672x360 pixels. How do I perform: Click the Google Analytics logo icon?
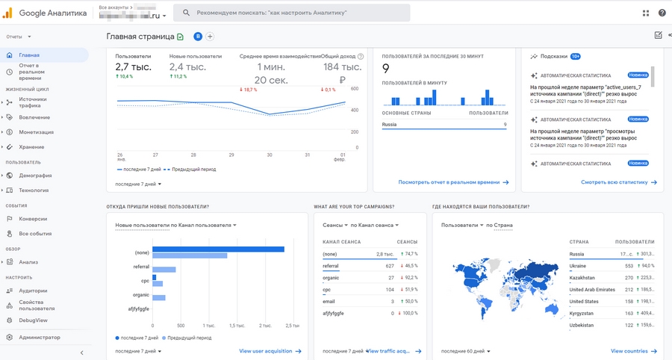9,13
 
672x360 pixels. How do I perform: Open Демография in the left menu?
35,176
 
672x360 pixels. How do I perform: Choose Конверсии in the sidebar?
33,219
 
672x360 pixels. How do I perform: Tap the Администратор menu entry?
40,338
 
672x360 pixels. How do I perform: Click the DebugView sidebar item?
33,320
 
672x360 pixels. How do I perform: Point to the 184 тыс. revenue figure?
341,67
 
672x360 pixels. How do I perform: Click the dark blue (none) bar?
218,249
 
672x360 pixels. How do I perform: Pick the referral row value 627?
390,266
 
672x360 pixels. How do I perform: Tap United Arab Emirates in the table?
592,290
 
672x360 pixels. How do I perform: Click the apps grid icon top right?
646,13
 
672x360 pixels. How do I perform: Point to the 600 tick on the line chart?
355,89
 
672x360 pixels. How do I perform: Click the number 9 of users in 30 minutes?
385,69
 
